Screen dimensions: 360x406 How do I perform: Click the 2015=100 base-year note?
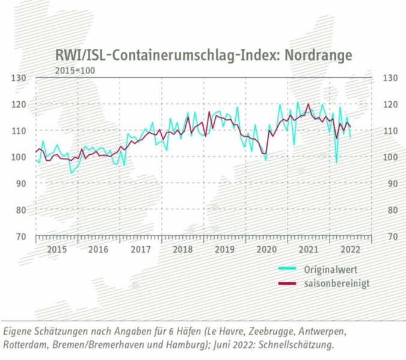tap(66, 70)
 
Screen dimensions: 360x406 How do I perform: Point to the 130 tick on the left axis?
tap(20, 78)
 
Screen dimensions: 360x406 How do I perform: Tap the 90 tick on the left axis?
tap(20, 183)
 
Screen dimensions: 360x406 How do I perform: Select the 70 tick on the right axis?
tap(387, 236)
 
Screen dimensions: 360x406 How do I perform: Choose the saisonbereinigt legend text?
tap(337, 284)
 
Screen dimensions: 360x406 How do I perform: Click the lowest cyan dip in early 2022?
tap(337, 163)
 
